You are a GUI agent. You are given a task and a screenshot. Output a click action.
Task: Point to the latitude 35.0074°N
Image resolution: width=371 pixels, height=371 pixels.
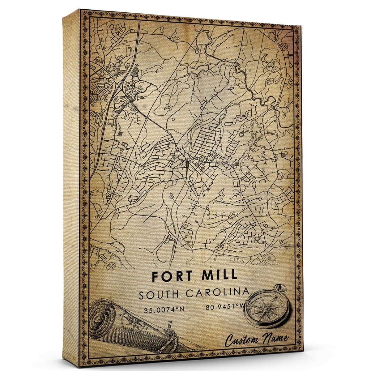click(164, 310)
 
